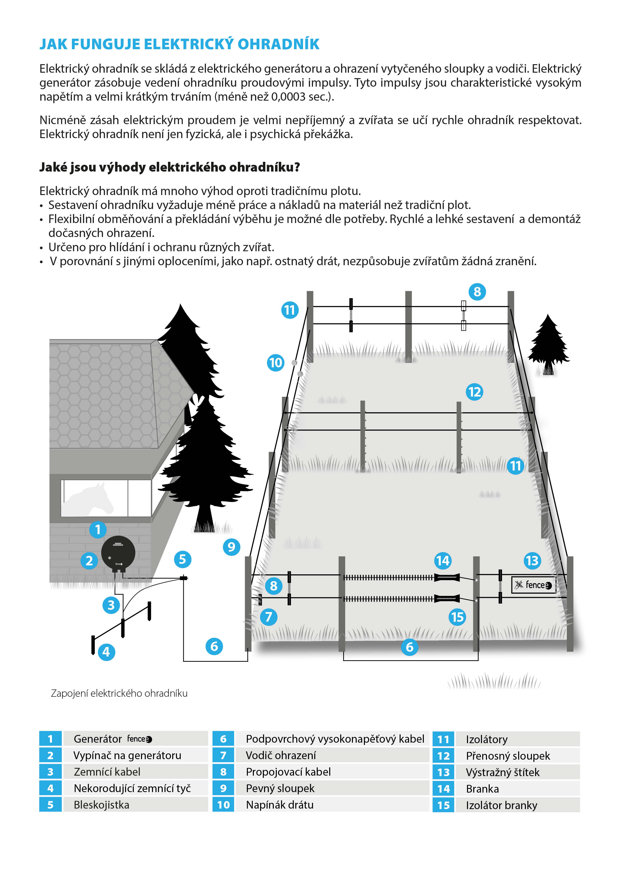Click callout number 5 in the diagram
tap(182, 559)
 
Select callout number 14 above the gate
tap(443, 560)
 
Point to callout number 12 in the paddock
tap(474, 392)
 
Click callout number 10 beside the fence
tap(275, 362)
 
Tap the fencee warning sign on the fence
tap(533, 585)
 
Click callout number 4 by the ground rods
tap(106, 652)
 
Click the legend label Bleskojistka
tap(101, 805)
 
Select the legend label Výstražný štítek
tap(502, 772)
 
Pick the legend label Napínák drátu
tap(280, 805)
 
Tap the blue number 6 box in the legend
tap(223, 739)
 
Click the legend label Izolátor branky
tap(501, 805)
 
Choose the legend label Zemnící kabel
tap(107, 772)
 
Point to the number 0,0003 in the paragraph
tap(288, 97)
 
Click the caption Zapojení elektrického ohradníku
tap(119, 693)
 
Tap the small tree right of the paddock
tap(548, 343)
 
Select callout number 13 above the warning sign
tap(532, 560)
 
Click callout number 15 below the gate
tap(457, 617)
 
